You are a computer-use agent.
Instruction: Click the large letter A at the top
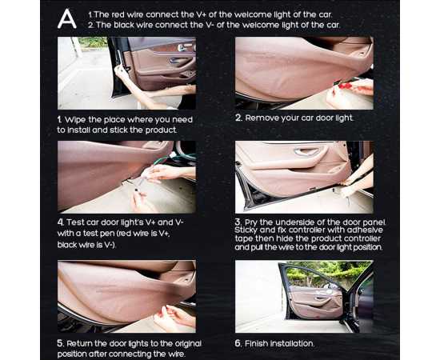point(66,18)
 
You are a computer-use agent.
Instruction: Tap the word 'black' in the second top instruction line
point(123,25)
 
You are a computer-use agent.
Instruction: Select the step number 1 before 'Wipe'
point(59,120)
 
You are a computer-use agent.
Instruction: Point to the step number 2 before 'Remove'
point(238,118)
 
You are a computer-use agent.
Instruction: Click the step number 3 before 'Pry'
point(238,222)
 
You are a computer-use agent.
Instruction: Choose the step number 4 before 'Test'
point(61,222)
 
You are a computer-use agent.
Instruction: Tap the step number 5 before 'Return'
point(61,343)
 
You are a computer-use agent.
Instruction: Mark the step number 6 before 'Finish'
point(238,343)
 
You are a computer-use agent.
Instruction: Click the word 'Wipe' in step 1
point(75,120)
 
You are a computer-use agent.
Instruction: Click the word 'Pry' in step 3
point(251,222)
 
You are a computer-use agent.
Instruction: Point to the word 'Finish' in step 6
point(256,343)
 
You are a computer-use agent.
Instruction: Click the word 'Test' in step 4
point(75,222)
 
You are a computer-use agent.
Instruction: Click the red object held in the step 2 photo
point(346,85)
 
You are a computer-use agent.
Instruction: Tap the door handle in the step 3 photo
point(306,152)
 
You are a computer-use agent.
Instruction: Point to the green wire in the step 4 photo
point(174,159)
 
